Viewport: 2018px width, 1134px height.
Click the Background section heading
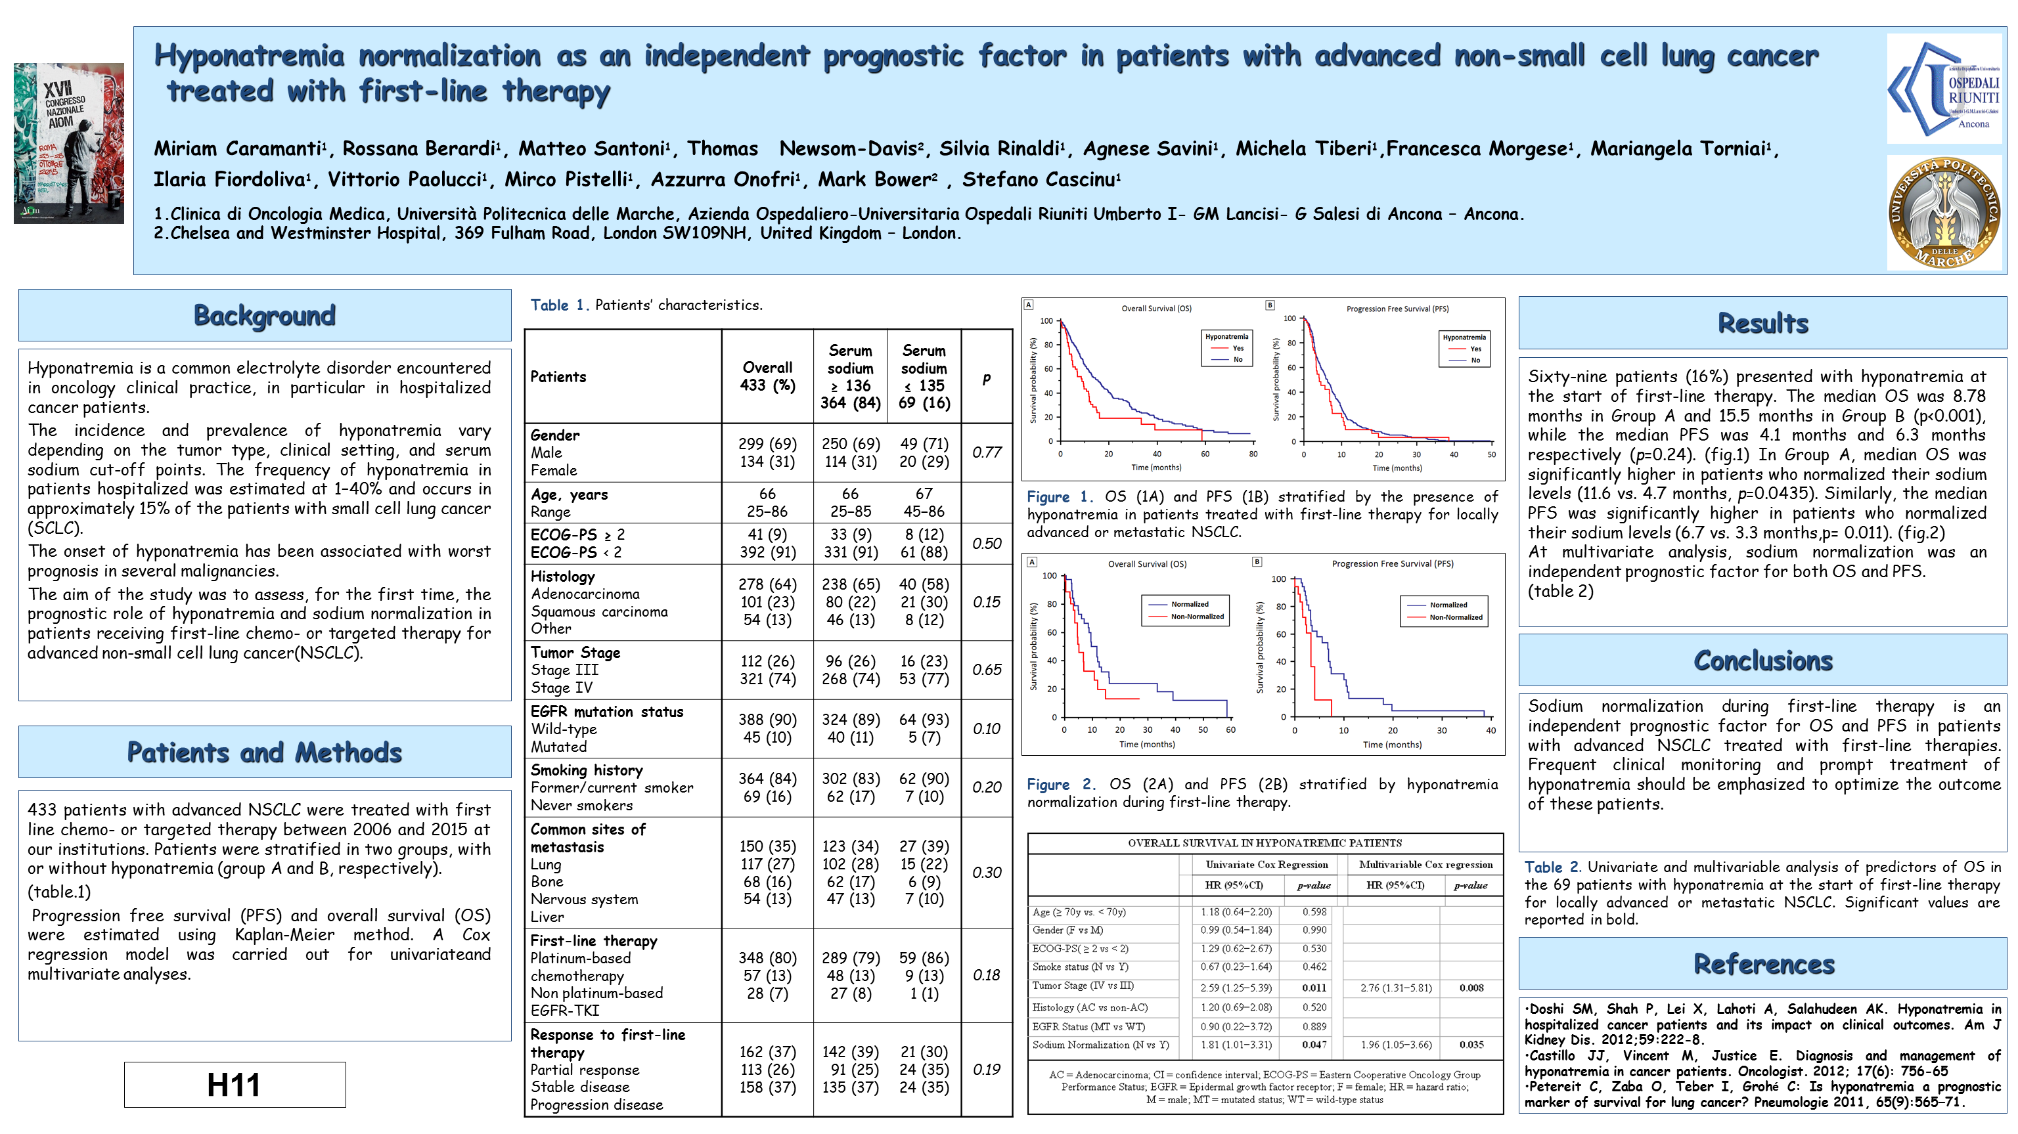click(x=264, y=316)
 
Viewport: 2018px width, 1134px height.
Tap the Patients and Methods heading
click(x=264, y=752)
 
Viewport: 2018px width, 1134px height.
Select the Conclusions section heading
click(x=1762, y=661)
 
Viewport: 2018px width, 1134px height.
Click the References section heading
click(x=1763, y=964)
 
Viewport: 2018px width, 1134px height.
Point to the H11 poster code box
click(x=235, y=1085)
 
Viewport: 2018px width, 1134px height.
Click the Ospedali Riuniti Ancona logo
click(x=1944, y=89)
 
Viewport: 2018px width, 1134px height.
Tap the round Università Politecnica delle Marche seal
click(x=1944, y=213)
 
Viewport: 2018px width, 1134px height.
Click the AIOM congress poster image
click(x=69, y=143)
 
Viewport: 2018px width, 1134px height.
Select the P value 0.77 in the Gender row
click(x=986, y=452)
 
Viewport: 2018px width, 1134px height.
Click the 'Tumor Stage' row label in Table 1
click(x=575, y=653)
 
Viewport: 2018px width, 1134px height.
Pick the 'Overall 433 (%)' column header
click(x=767, y=377)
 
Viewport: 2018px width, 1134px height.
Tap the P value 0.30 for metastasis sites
click(x=986, y=873)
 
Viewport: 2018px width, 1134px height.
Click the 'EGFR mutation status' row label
click(x=606, y=712)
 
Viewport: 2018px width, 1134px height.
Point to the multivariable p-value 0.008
click(x=1470, y=988)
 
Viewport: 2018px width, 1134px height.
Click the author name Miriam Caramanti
click(x=237, y=149)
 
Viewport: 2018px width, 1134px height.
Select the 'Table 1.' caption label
click(x=558, y=305)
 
